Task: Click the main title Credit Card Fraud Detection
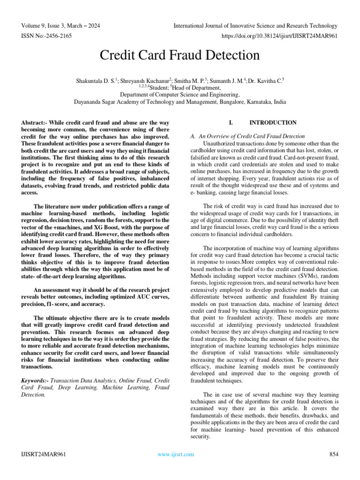(x=180, y=55)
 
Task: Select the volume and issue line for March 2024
(x=60, y=26)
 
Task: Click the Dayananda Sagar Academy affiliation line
(x=180, y=101)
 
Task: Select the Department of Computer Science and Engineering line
(x=180, y=94)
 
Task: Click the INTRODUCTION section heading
(x=273, y=123)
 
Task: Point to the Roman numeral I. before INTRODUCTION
(x=231, y=123)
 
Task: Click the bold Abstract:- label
(x=34, y=123)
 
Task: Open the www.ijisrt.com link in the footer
(x=175, y=454)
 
